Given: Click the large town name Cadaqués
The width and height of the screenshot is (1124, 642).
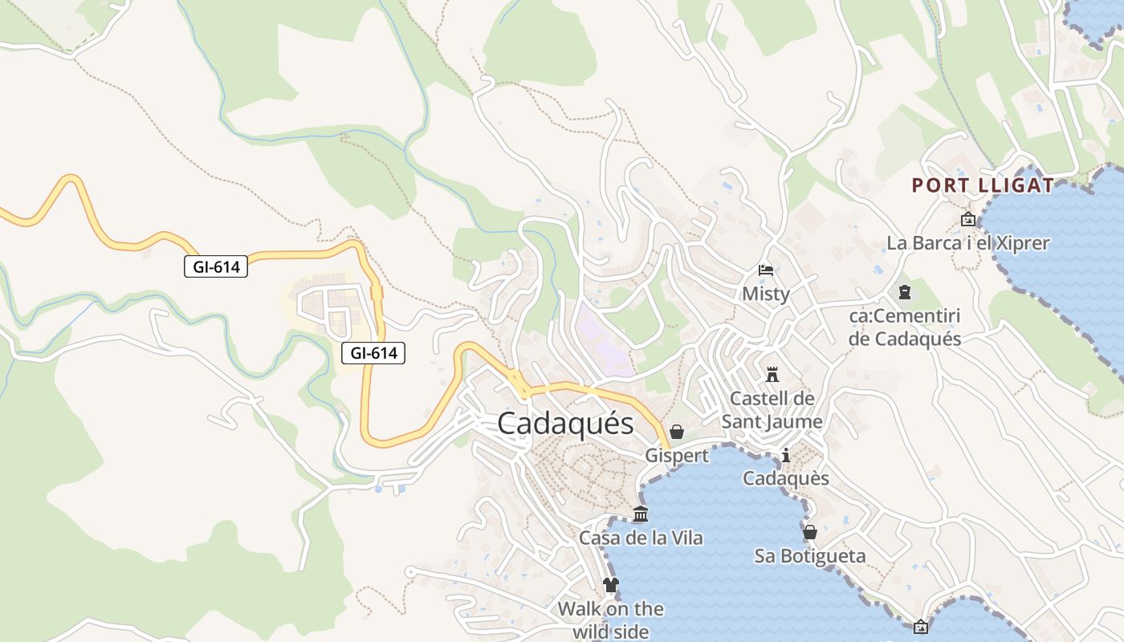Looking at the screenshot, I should click(565, 423).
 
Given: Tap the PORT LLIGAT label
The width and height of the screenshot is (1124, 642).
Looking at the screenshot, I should click(983, 186).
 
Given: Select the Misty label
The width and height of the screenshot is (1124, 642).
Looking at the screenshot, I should click(765, 294).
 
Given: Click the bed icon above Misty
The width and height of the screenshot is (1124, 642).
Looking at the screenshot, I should click(766, 270).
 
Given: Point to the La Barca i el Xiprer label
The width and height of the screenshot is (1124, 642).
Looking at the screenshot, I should click(967, 242).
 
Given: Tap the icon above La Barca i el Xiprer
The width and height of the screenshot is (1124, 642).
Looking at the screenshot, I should click(968, 219).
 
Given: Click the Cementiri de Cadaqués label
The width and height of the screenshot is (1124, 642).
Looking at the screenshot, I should click(905, 327).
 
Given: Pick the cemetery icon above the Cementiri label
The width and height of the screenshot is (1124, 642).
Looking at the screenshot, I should click(905, 292).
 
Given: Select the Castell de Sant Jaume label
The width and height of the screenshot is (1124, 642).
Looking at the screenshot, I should click(772, 410).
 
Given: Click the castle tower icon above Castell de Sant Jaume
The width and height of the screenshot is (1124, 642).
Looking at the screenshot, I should click(772, 374).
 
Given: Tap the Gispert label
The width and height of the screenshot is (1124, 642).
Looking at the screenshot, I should click(677, 456).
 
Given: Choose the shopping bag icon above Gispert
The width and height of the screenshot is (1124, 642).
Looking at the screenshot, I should click(677, 433).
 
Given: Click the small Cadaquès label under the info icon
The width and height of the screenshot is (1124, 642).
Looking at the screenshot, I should click(785, 478).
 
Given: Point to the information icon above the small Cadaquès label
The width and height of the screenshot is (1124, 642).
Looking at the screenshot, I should click(785, 456).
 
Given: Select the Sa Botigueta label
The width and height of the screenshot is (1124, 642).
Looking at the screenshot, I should click(810, 555).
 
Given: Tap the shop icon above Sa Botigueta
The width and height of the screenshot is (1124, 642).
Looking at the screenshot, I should click(810, 532).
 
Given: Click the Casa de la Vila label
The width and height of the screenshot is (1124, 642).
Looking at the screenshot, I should click(641, 538).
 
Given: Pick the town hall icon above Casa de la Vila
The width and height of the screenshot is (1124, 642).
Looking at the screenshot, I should click(641, 514).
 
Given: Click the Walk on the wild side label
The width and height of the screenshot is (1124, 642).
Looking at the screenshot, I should click(611, 620).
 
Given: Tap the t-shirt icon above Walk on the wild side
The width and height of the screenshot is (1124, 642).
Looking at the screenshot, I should click(611, 585).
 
